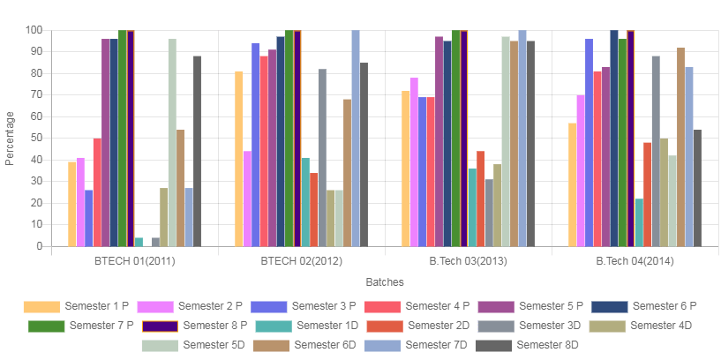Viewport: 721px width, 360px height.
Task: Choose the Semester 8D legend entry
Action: pos(542,345)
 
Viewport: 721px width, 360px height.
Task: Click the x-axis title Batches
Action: pos(384,282)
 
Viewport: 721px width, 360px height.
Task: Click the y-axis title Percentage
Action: pos(11,138)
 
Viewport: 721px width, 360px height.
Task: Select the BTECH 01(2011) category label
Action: pos(135,262)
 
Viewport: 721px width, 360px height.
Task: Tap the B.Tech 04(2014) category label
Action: pos(635,262)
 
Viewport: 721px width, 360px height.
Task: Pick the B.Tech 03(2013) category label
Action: pos(469,262)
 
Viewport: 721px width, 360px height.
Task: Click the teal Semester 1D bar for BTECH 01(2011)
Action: pos(139,242)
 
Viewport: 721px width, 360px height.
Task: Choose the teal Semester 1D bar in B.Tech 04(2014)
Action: pos(639,222)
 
